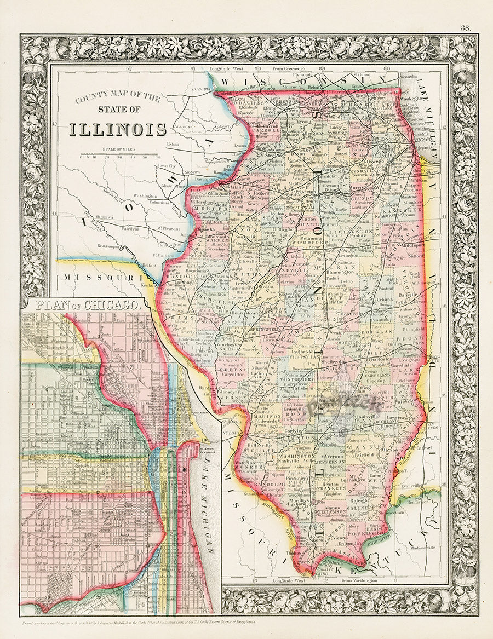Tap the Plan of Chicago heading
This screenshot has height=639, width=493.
tap(85, 304)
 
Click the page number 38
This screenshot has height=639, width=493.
tap(466, 28)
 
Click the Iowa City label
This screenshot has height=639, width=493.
tap(168, 165)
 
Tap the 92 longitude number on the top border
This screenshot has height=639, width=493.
tap(129, 69)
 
